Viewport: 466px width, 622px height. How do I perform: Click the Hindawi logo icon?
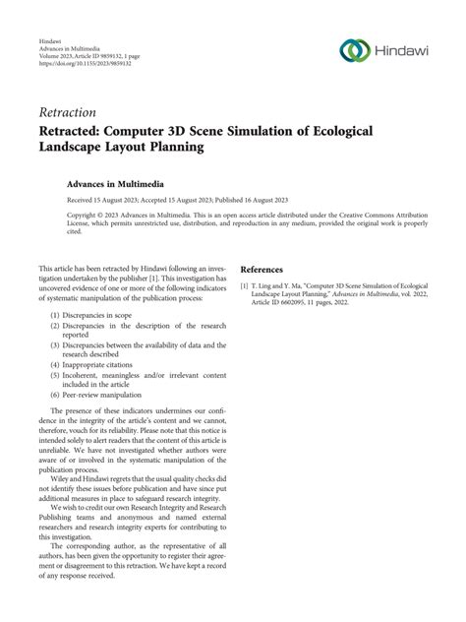(x=352, y=50)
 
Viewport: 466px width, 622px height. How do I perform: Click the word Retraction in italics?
(x=70, y=112)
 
